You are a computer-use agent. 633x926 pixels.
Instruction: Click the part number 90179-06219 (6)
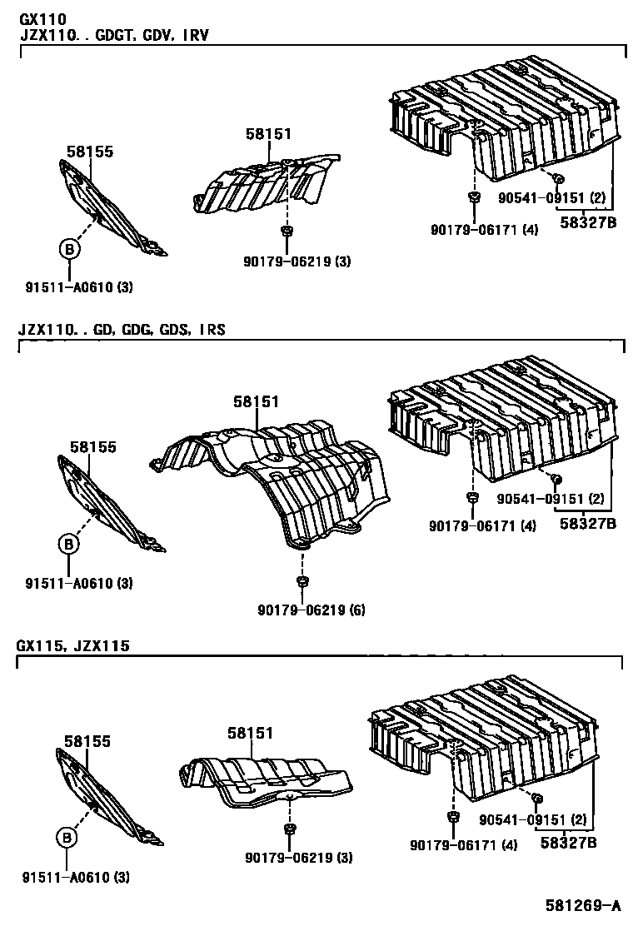(x=305, y=610)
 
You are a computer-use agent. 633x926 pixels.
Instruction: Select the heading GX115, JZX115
(x=72, y=646)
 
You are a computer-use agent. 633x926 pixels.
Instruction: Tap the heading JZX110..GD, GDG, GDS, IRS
(x=122, y=330)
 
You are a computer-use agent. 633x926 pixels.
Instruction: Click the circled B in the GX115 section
(x=68, y=838)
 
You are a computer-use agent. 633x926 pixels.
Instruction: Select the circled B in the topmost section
(x=69, y=248)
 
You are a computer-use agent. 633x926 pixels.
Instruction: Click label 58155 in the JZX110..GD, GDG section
(x=93, y=447)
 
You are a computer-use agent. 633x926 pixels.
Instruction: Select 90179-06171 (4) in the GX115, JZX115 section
(x=463, y=844)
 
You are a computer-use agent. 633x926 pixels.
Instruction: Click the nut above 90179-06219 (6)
(x=302, y=580)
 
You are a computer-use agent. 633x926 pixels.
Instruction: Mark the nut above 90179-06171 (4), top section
(x=473, y=197)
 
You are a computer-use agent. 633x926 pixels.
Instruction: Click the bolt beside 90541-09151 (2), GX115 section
(x=537, y=799)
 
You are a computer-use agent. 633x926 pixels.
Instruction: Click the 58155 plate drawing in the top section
(x=112, y=208)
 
